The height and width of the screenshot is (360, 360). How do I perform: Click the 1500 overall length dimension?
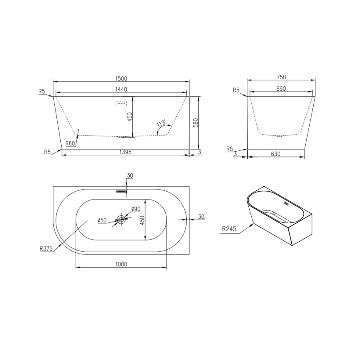tap(121, 78)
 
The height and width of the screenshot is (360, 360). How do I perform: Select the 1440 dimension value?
tap(121, 89)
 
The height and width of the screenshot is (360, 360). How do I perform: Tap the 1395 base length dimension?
tap(125, 152)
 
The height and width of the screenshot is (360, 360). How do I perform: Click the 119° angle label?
tap(161, 124)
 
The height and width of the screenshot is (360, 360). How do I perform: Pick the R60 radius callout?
tap(70, 144)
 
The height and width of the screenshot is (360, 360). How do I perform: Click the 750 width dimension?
tap(281, 77)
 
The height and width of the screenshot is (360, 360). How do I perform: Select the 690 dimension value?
tap(281, 89)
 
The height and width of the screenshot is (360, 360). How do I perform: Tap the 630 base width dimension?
tap(276, 154)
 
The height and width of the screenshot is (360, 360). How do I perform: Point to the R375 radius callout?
tap(46, 248)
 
